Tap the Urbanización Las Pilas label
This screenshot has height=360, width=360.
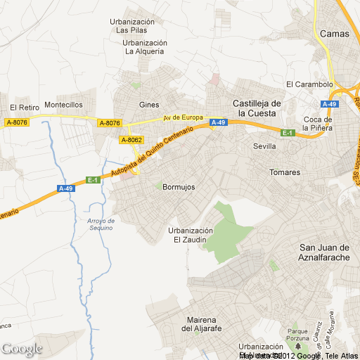click(x=131, y=26)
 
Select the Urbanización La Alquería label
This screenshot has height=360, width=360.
click(x=143, y=46)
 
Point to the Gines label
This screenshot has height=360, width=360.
click(x=149, y=105)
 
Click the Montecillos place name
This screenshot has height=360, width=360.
click(x=63, y=105)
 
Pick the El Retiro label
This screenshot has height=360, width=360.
click(x=22, y=108)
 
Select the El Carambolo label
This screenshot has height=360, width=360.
click(x=309, y=84)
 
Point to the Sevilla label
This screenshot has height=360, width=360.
click(x=265, y=146)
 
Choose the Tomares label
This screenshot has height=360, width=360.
click(x=285, y=172)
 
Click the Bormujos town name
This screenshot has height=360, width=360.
click(x=179, y=188)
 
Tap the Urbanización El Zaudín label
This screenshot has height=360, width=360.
click(x=190, y=235)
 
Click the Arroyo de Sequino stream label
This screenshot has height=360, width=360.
click(x=101, y=224)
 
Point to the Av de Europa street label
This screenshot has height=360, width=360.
click(x=183, y=117)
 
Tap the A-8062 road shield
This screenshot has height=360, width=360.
click(x=132, y=140)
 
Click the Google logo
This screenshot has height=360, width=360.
click(x=22, y=348)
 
